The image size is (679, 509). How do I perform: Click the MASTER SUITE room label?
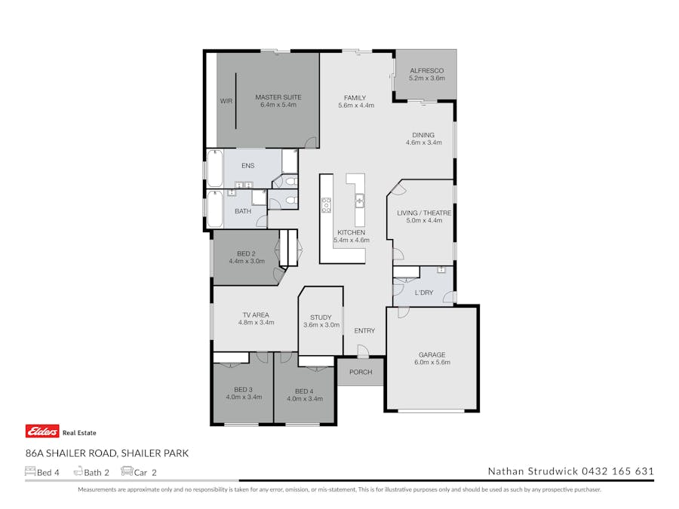pos(278,97)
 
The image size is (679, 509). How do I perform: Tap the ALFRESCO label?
pos(426,70)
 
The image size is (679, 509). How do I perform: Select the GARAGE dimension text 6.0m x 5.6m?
pos(432,363)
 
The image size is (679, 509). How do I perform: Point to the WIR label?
pos(226,100)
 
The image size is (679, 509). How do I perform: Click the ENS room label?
pos(247,166)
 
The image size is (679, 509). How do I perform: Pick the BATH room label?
pos(243,211)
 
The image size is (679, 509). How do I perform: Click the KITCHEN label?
pos(351,232)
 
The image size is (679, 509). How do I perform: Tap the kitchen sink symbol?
pos(360,201)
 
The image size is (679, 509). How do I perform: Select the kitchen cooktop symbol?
pos(327,204)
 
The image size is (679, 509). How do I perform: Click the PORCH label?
pos(361,372)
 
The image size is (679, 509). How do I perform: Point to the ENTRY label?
pos(364,330)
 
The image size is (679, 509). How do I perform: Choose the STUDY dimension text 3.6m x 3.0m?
pos(321,325)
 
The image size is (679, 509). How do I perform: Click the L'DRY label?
pos(424,293)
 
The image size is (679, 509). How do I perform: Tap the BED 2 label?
pos(246,253)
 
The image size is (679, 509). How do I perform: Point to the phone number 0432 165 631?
pos(617,471)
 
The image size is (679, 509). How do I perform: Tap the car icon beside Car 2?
pos(127,472)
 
